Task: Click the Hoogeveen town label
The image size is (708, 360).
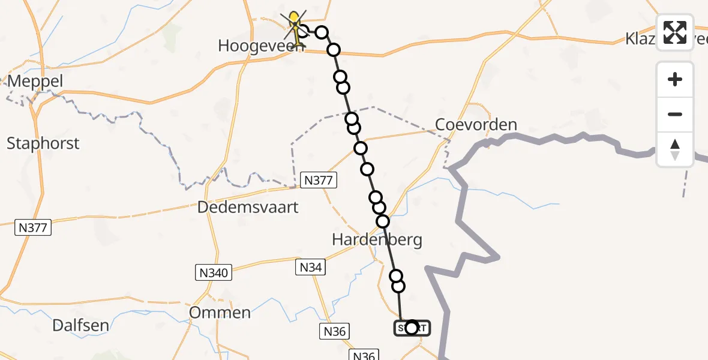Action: tap(256, 46)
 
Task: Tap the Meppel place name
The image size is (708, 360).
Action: tap(34, 81)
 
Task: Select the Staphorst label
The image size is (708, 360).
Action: tap(43, 143)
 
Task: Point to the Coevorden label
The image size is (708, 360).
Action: tap(476, 125)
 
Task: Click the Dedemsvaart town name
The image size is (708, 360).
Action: tap(248, 208)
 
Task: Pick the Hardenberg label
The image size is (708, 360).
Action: tap(377, 240)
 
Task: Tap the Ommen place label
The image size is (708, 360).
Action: tap(220, 313)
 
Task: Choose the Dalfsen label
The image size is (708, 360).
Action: tap(81, 326)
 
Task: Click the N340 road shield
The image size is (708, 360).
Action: tap(213, 273)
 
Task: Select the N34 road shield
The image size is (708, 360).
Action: tap(311, 267)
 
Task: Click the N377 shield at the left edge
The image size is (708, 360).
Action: tap(34, 227)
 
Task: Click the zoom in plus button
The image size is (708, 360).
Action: tap(675, 79)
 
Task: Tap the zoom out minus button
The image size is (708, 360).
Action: tap(675, 114)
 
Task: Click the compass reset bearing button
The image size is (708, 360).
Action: tap(675, 149)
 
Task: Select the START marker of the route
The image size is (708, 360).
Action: tap(412, 328)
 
